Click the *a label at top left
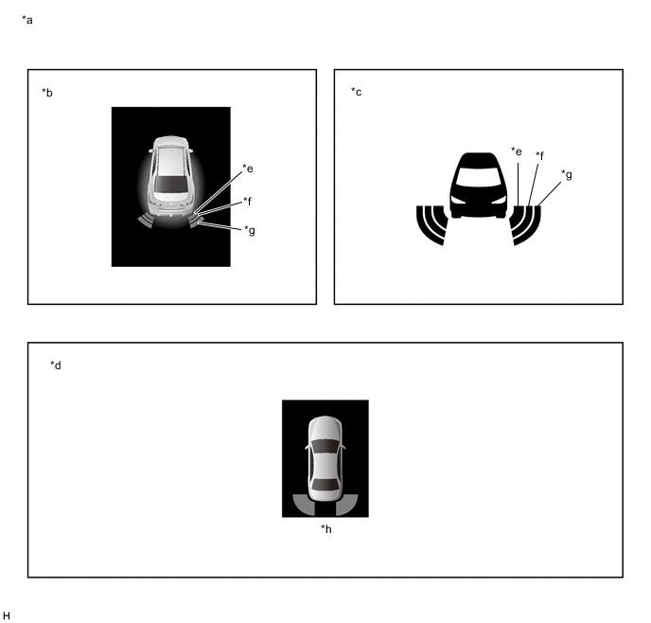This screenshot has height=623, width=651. (x=27, y=20)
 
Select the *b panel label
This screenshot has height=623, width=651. (x=47, y=93)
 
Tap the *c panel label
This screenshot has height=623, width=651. (x=356, y=92)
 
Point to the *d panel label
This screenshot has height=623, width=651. (x=56, y=365)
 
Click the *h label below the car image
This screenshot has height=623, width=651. (x=326, y=529)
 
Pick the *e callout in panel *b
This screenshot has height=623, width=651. (x=248, y=169)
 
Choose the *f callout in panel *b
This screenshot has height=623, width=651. (x=248, y=201)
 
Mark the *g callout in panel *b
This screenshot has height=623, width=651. (x=250, y=230)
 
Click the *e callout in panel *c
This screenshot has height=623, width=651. (x=517, y=151)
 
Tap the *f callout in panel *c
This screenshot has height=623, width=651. (x=539, y=155)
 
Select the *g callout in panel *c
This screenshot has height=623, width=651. (x=567, y=175)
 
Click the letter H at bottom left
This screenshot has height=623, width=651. (x=7, y=615)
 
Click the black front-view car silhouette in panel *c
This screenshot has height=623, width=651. (x=478, y=186)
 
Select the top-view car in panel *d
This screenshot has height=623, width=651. (x=325, y=458)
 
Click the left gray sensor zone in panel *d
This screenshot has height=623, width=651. (x=303, y=505)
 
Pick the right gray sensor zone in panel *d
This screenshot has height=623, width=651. (x=347, y=505)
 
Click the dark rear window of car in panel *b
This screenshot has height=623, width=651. (x=170, y=184)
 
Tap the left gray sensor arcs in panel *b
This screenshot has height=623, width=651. (x=146, y=221)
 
